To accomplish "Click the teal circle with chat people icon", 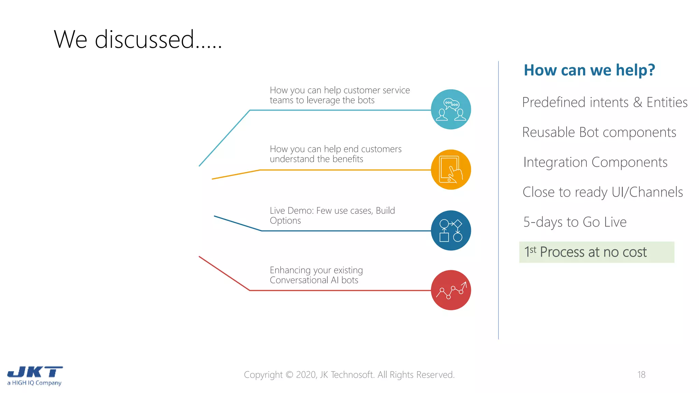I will tap(451, 110).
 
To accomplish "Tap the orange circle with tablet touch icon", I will tap(451, 170).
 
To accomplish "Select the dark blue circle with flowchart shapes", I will tap(451, 231).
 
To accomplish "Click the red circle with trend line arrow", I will tap(451, 290).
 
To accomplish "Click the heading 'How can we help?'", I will tap(589, 70).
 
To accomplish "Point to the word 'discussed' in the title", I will tap(144, 40).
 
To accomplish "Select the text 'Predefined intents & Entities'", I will tap(604, 102).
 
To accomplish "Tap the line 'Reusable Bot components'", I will tap(599, 132).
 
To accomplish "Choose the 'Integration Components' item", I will tap(595, 162).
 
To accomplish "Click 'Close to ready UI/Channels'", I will tap(603, 192).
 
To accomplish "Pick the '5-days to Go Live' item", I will tap(575, 222).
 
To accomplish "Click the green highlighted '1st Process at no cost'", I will tap(596, 252).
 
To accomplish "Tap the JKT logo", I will tap(35, 372).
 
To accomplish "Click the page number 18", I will tap(641, 375).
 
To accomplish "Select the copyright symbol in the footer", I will tap(289, 375).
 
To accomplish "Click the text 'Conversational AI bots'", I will tap(314, 280).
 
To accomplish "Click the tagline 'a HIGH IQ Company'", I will tap(34, 383).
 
